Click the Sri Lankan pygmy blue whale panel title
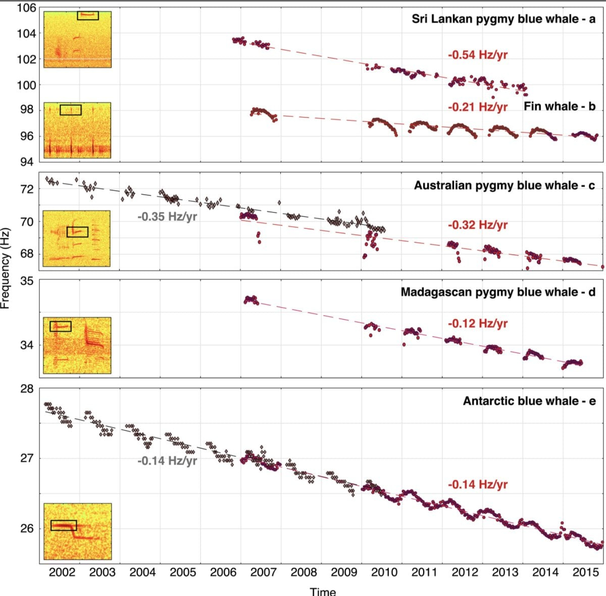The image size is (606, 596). tap(503, 20)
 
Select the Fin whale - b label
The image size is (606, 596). tap(560, 107)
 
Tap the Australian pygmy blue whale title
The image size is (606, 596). tap(504, 185)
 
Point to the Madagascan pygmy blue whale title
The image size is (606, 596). tap(498, 292)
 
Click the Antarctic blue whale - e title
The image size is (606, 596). tap(529, 401)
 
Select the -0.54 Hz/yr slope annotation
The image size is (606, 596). tap(477, 55)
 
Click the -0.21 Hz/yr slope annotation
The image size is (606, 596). tap(477, 107)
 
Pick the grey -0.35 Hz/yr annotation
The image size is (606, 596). tap(167, 217)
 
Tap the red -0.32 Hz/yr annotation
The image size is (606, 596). tap(477, 225)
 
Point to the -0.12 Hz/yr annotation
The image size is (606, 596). tap(477, 324)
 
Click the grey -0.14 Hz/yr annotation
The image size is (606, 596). tap(167, 461)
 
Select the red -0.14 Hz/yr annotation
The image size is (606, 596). tap(477, 484)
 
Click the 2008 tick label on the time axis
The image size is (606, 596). tap(304, 572)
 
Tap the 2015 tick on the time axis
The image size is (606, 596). tap(585, 572)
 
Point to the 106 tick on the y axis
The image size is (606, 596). tap(26, 8)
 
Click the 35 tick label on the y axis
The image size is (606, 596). tap(27, 281)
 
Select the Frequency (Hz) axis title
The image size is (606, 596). tap(6, 268)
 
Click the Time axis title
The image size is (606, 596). tap(323, 591)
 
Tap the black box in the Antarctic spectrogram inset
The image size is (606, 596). tap(64, 525)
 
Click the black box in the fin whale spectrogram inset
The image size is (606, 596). tap(70, 110)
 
